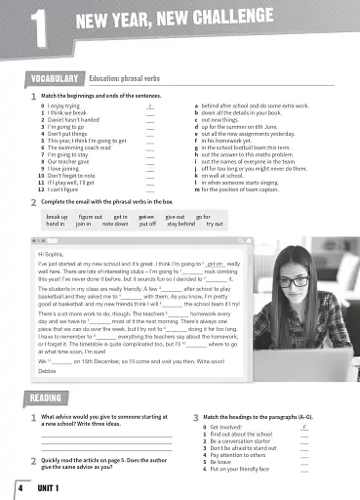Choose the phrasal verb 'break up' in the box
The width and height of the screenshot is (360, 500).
coord(58,216)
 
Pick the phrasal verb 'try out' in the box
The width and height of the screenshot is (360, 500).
coord(214,224)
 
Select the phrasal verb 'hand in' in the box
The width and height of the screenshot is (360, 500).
coord(56,224)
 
